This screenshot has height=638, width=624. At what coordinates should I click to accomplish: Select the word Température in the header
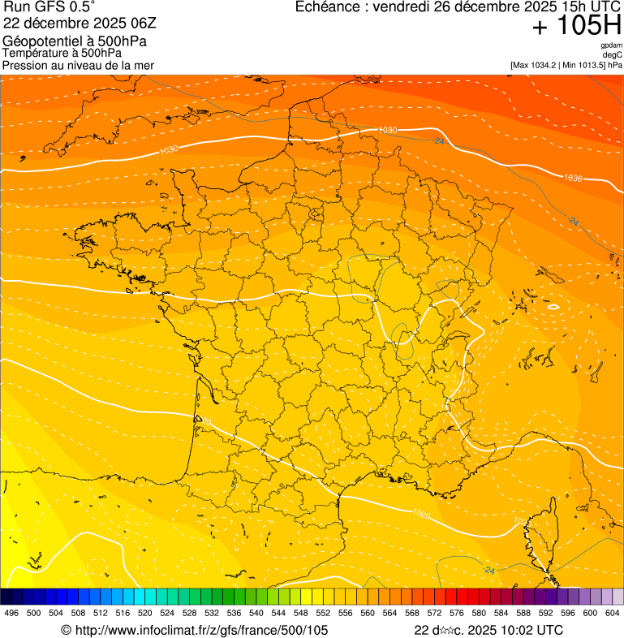coord(36,53)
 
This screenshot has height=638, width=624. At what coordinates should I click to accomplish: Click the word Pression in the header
coord(25,65)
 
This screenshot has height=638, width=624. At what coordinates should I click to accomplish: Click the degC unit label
coord(613,55)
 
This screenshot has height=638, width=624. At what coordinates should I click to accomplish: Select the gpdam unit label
coord(611,46)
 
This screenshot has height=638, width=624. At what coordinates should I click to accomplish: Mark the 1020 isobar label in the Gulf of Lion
coord(421,514)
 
